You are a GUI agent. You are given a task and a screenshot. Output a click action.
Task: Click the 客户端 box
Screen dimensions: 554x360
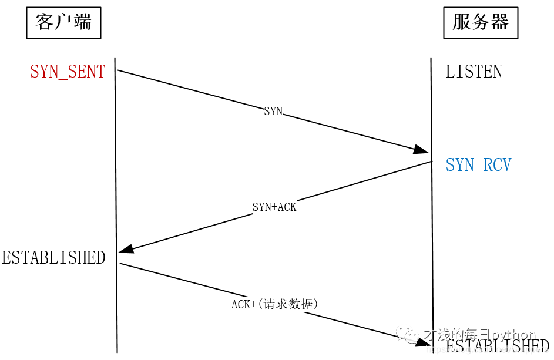coord(63,23)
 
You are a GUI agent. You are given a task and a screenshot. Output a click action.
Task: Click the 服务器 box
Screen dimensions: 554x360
coord(480,23)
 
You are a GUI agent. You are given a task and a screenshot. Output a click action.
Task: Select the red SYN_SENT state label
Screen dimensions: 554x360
coord(68,72)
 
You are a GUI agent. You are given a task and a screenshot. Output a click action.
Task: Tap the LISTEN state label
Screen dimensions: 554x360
coord(474,72)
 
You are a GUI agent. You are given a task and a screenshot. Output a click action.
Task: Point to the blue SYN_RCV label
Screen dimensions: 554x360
coord(478,165)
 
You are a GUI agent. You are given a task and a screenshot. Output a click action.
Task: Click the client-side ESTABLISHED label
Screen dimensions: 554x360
coord(53,258)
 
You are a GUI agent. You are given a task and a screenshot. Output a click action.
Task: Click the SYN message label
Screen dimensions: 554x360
coord(273,111)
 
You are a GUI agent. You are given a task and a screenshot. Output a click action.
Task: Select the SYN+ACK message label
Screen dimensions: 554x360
coord(274,207)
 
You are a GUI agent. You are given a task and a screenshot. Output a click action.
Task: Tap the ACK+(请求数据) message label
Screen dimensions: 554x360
coord(274,304)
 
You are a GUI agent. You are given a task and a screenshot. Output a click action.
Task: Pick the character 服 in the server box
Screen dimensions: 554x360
coord(462,23)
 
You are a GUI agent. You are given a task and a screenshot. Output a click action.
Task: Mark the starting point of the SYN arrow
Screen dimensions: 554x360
coord(118,70)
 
